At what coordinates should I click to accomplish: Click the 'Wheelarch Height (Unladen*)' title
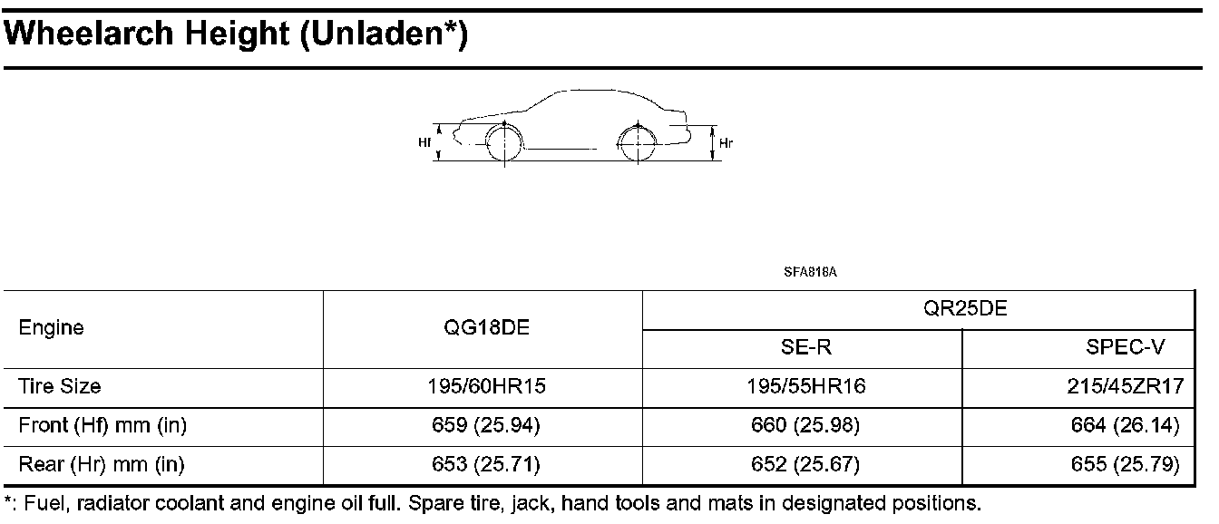(x=235, y=34)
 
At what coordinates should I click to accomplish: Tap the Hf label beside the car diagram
(x=424, y=142)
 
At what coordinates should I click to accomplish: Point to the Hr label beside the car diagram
(x=726, y=143)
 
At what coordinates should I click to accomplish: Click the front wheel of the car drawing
(x=504, y=143)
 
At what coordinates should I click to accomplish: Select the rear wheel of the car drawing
(x=638, y=143)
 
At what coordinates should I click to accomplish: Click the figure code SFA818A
(x=810, y=272)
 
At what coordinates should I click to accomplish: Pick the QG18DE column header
(x=486, y=327)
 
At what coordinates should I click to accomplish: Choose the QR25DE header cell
(x=965, y=308)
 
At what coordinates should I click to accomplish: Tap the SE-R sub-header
(x=806, y=347)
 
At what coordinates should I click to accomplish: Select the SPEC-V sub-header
(x=1126, y=347)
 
